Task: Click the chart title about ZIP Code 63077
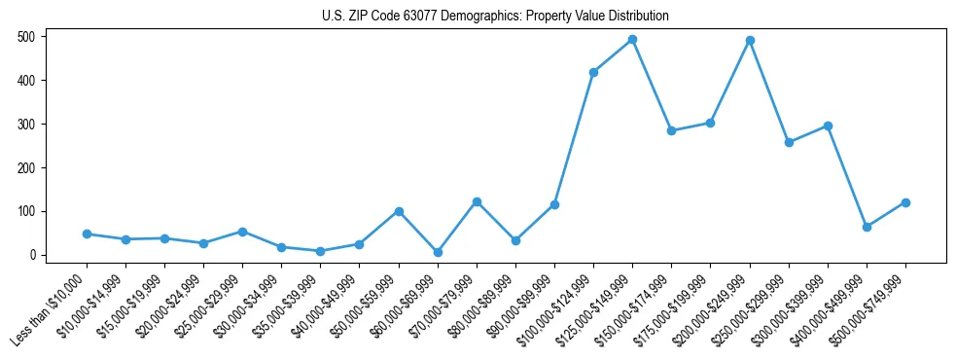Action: coord(495,17)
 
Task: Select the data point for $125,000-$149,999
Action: coord(632,40)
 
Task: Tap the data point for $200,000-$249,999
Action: coord(750,41)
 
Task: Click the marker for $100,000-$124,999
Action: coord(593,72)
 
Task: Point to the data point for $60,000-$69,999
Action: coord(438,252)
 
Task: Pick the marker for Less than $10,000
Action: coord(87,234)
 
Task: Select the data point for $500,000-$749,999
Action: coord(905,202)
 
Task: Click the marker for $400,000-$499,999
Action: coord(867,227)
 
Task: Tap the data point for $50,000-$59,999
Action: coord(399,211)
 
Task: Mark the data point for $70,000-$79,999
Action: coord(477,201)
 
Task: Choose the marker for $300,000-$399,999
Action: coord(828,126)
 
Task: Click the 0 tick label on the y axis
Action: coord(33,255)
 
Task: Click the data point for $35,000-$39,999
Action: coord(321,251)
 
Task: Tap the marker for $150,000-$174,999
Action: coord(671,130)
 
